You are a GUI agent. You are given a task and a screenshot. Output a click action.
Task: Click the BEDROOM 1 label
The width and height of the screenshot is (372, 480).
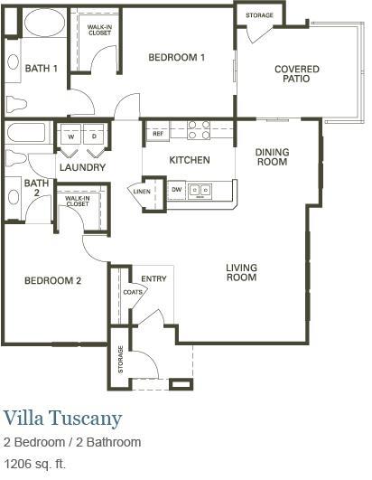[x=177, y=58]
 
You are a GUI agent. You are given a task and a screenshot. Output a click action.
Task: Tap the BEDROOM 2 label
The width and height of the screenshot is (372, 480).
[x=52, y=281]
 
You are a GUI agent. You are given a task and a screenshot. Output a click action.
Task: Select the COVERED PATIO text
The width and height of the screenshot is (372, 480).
[x=297, y=73]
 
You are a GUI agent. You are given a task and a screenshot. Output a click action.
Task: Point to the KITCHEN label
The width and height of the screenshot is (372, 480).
[x=190, y=160]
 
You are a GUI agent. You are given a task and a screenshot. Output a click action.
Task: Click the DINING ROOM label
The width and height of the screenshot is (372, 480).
[x=271, y=157]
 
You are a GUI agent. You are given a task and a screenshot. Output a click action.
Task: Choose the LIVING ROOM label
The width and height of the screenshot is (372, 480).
[x=242, y=272]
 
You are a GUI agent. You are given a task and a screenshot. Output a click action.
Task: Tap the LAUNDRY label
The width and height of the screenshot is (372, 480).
[x=83, y=167]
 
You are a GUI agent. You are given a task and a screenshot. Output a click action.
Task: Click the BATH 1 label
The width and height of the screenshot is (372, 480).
[x=42, y=68]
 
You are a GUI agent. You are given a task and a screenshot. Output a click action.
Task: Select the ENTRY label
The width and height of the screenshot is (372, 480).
[x=154, y=278]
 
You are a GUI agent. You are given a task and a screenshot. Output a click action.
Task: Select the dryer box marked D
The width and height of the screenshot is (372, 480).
[x=95, y=136]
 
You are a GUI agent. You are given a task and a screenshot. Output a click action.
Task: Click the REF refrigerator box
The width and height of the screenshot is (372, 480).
[x=157, y=134]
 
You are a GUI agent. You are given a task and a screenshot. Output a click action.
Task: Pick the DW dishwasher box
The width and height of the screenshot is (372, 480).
[x=176, y=190]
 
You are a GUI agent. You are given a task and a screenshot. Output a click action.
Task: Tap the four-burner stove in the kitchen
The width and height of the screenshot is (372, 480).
[x=199, y=130]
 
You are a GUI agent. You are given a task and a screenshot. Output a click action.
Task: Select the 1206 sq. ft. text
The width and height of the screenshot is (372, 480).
[x=35, y=464]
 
